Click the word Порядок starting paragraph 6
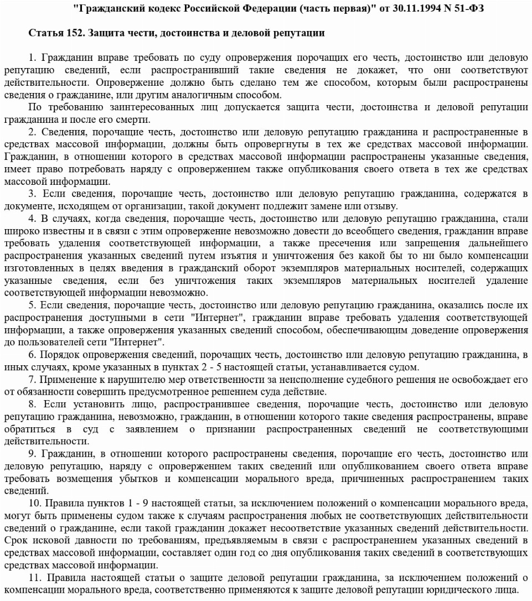pyautogui.click(x=58, y=355)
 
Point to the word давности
pyautogui.click(x=91, y=540)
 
